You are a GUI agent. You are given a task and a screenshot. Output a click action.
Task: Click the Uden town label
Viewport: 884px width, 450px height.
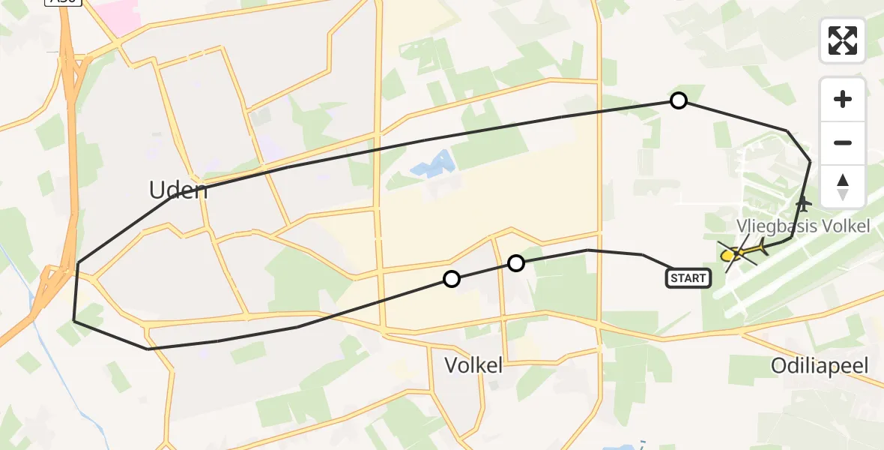click(x=178, y=190)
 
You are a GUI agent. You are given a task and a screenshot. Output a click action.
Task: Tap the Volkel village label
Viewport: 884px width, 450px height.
click(x=473, y=366)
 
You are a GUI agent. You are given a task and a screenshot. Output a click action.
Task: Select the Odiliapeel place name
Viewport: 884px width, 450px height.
click(x=821, y=366)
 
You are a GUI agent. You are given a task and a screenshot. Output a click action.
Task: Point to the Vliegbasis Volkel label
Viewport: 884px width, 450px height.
click(x=803, y=226)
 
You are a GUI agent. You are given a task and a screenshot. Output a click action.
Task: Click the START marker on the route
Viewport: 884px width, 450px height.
click(x=688, y=278)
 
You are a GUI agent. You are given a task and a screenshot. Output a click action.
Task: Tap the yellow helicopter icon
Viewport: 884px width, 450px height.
click(x=739, y=253)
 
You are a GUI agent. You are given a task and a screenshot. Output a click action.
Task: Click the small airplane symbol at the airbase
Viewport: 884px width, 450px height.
click(x=803, y=203)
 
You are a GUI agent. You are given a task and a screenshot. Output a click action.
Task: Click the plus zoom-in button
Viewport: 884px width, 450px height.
click(x=843, y=99)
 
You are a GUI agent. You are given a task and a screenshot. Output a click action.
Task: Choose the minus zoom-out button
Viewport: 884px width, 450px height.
click(x=843, y=142)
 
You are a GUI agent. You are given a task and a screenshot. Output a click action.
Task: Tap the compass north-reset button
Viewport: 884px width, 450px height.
click(x=843, y=187)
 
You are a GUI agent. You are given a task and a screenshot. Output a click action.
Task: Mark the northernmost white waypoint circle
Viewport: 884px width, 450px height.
click(x=678, y=100)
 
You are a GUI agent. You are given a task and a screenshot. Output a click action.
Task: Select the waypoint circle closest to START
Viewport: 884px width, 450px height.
click(x=515, y=263)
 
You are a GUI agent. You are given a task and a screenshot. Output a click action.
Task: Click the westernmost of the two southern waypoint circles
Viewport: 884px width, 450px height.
click(x=451, y=279)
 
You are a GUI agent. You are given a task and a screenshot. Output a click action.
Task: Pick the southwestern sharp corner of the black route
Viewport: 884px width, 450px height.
click(x=74, y=320)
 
